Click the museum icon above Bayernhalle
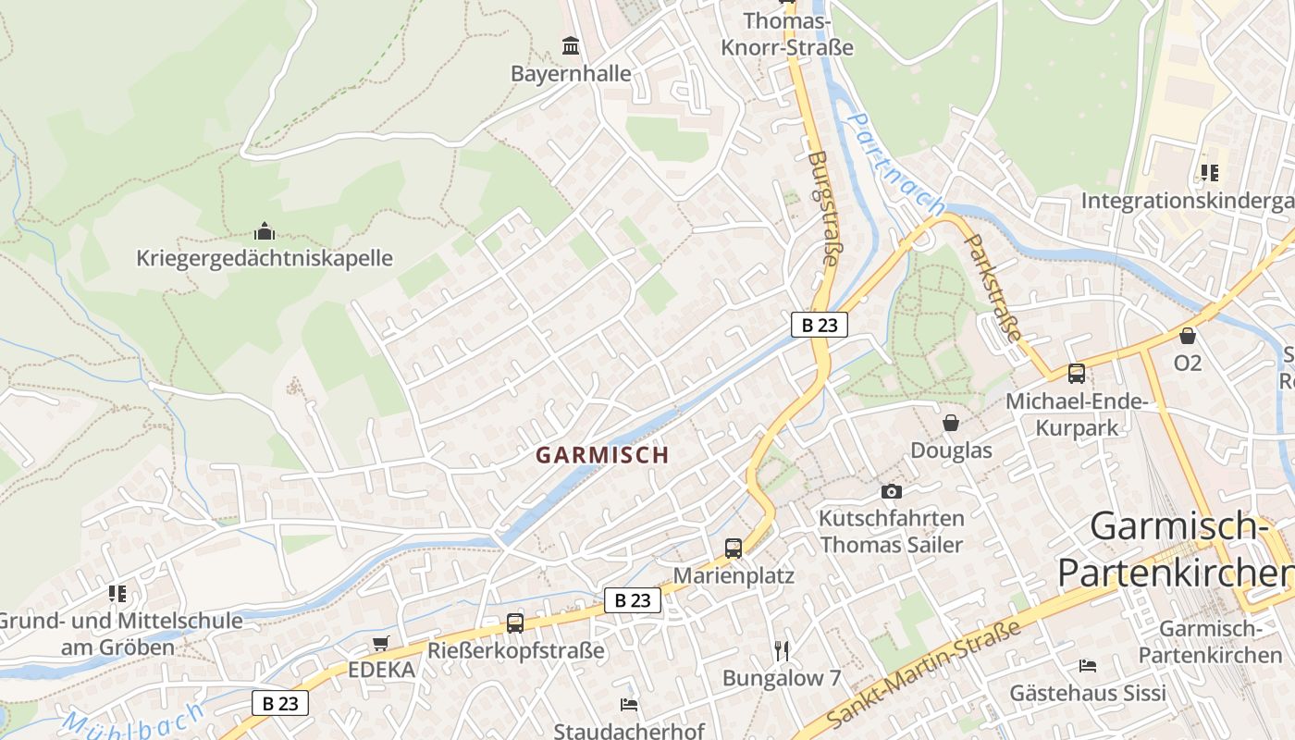(x=571, y=44)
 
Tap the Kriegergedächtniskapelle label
(x=265, y=258)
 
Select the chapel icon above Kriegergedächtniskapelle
(x=265, y=230)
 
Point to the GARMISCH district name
(x=601, y=455)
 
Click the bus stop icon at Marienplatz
(x=734, y=548)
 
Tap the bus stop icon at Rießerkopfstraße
(x=515, y=623)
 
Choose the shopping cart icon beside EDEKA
(x=380, y=643)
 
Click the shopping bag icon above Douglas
(x=950, y=423)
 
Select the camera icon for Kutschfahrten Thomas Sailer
(x=891, y=491)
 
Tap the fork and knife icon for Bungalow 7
(x=782, y=650)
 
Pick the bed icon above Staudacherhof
(x=629, y=705)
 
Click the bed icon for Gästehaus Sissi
(x=1088, y=666)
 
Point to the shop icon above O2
(x=1188, y=336)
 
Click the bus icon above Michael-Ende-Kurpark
(x=1077, y=374)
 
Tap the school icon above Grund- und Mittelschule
(x=117, y=593)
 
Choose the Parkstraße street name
(x=993, y=288)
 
